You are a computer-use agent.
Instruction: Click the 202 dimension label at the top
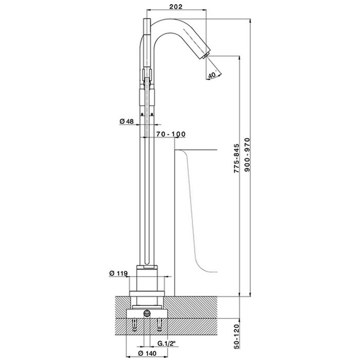click(176, 6)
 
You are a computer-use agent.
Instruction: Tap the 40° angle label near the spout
click(212, 75)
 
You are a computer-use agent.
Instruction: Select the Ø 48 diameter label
click(127, 121)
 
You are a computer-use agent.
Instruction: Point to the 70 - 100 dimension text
click(171, 134)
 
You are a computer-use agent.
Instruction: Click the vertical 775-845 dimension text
click(237, 158)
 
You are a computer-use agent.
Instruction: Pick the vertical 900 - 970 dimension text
click(247, 155)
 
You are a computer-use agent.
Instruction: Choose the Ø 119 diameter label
click(118, 273)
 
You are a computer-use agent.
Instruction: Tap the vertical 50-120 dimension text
click(237, 336)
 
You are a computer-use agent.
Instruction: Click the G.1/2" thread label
click(166, 344)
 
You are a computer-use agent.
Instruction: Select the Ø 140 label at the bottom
click(147, 353)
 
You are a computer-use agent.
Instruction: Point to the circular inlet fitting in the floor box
click(147, 313)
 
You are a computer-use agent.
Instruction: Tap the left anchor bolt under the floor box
click(134, 325)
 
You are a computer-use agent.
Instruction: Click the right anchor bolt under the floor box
click(159, 325)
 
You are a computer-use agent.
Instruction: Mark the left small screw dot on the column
click(142, 114)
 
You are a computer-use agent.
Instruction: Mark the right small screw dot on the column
click(152, 114)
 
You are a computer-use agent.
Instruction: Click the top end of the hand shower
click(147, 19)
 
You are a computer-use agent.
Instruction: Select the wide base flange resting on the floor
click(147, 294)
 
